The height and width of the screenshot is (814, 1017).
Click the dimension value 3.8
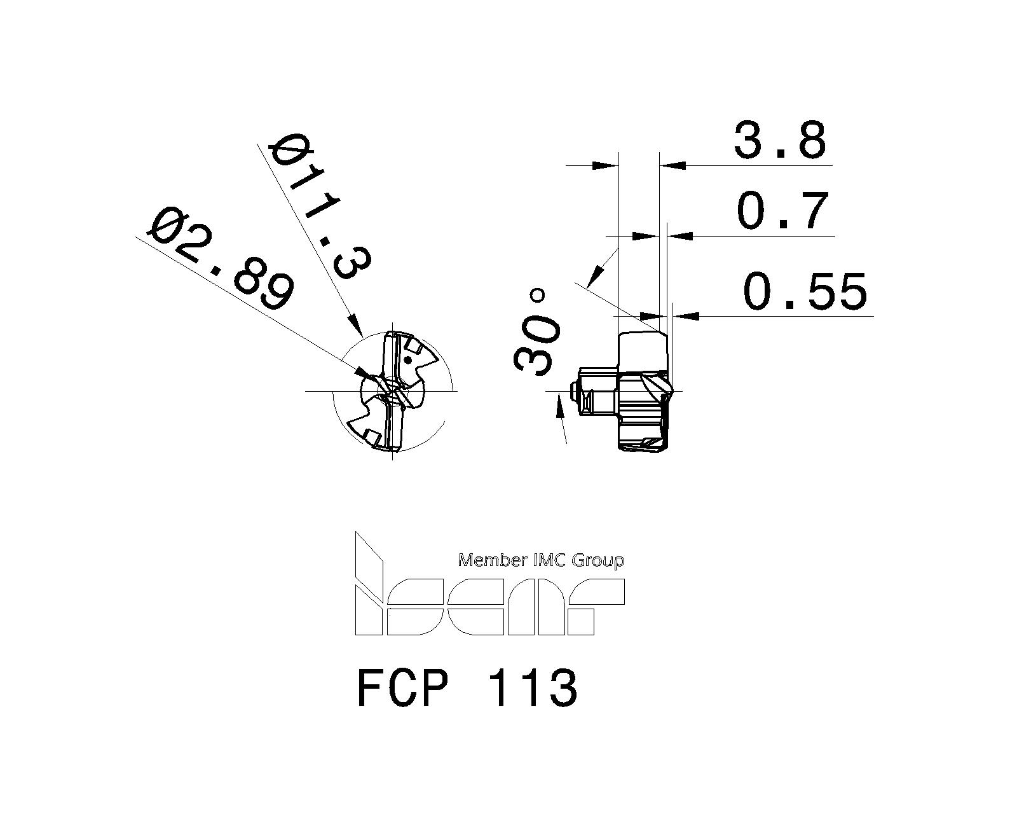[x=780, y=141]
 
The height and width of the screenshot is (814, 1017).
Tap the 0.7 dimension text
[x=783, y=211]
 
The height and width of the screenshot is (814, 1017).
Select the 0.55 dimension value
[x=805, y=292]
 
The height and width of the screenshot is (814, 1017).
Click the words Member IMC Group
[x=541, y=560]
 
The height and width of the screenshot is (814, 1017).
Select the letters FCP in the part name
[x=403, y=688]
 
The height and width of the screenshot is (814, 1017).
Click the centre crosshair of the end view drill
[x=393, y=390]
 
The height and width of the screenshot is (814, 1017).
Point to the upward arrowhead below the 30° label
[x=559, y=405]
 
